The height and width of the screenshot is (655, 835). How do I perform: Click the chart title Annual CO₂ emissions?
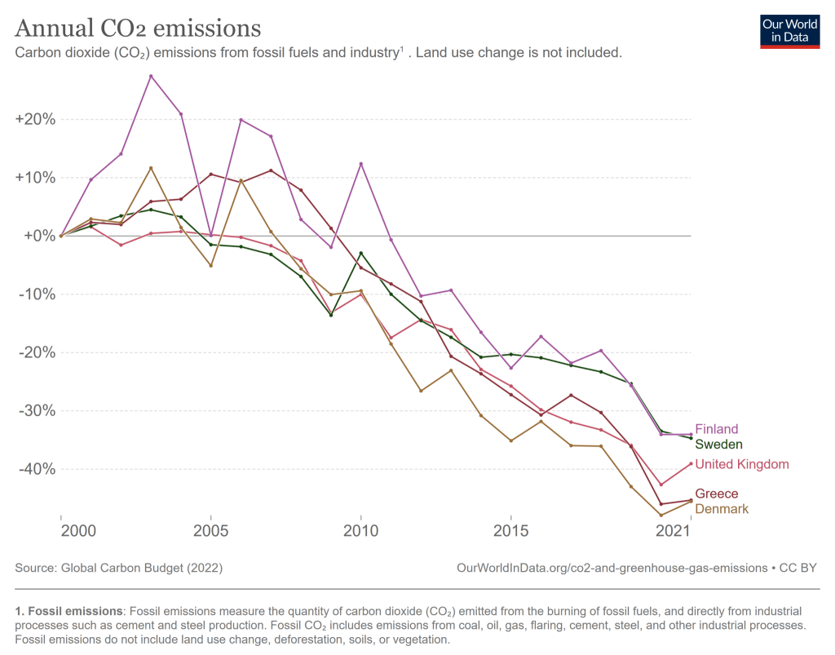[138, 29]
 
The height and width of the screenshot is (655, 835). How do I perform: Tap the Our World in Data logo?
[789, 31]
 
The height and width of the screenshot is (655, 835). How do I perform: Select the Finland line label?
[716, 429]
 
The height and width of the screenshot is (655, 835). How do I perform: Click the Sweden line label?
[718, 445]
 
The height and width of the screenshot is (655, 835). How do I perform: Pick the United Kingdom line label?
[742, 464]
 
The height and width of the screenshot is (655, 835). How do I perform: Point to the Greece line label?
[716, 493]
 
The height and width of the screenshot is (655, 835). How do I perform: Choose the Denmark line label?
[722, 509]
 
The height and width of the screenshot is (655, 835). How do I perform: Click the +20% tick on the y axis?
[35, 119]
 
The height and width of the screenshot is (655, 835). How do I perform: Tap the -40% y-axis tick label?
[36, 469]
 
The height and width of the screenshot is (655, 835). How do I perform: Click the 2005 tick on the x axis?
[211, 531]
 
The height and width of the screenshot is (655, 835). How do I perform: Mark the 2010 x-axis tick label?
[360, 531]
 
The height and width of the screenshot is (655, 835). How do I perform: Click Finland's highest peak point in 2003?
[151, 76]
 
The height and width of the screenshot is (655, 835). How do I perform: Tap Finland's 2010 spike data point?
[360, 164]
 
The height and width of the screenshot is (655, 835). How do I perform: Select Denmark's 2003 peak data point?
[151, 168]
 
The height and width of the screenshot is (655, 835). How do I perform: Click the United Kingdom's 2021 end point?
[691, 463]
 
